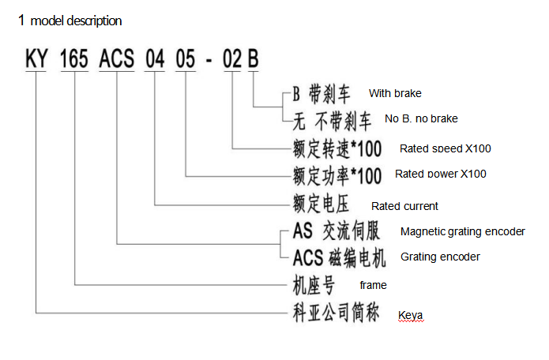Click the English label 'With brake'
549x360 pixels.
[x=395, y=94]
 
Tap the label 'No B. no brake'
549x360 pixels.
[x=421, y=119]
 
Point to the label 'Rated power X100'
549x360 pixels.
[x=441, y=174]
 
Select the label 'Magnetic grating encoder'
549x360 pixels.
[x=462, y=232]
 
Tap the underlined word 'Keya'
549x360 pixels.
[x=410, y=316]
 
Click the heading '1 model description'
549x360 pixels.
[x=70, y=21]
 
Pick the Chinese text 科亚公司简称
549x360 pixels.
[x=331, y=312]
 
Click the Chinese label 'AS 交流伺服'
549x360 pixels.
[x=336, y=231]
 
